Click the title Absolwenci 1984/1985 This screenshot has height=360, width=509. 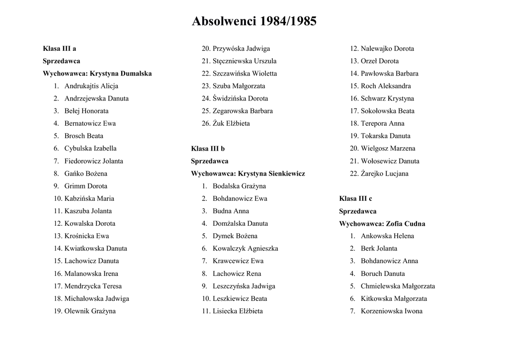[254, 21]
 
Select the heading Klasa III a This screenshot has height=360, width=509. [59, 49]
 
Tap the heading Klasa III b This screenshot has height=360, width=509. [208, 149]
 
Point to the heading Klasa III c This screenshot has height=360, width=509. [355, 198]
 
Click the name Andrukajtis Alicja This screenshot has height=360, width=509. [91, 86]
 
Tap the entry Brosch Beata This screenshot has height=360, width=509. [84, 136]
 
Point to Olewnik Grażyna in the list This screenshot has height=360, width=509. [89, 311]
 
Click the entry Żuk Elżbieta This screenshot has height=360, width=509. [231, 123]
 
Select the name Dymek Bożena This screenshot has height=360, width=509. [235, 236]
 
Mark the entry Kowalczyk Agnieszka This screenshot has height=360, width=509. [245, 249]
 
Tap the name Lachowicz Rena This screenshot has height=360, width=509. [237, 273]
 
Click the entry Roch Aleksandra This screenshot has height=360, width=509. [386, 86]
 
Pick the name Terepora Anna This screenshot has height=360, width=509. [382, 123]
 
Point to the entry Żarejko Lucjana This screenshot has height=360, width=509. [384, 174]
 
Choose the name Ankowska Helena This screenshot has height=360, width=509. [387, 236]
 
